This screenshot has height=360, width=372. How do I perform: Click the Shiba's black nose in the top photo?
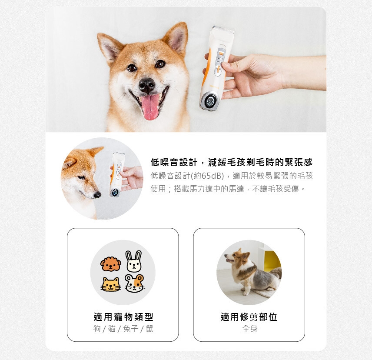point(147,85)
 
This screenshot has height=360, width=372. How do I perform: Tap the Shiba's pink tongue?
point(150,107)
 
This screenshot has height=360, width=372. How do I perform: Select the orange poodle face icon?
point(110,263)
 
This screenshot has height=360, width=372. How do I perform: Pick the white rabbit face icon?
point(134,261)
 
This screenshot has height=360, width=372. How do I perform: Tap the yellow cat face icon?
point(110,284)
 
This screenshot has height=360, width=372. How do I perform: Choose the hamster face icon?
point(135,283)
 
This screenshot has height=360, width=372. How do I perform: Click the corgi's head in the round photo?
point(237,257)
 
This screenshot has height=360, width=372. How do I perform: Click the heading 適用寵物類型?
point(123,317)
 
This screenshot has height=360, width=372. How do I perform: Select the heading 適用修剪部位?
point(249,317)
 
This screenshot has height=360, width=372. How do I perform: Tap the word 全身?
point(250,329)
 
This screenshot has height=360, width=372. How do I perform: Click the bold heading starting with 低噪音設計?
point(232,162)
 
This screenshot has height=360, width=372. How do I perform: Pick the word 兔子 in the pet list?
point(130,329)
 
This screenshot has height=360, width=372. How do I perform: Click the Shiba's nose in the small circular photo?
point(97,195)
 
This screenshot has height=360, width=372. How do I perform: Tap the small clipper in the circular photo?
point(116,174)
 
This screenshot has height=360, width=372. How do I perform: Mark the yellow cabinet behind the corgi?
point(272,261)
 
